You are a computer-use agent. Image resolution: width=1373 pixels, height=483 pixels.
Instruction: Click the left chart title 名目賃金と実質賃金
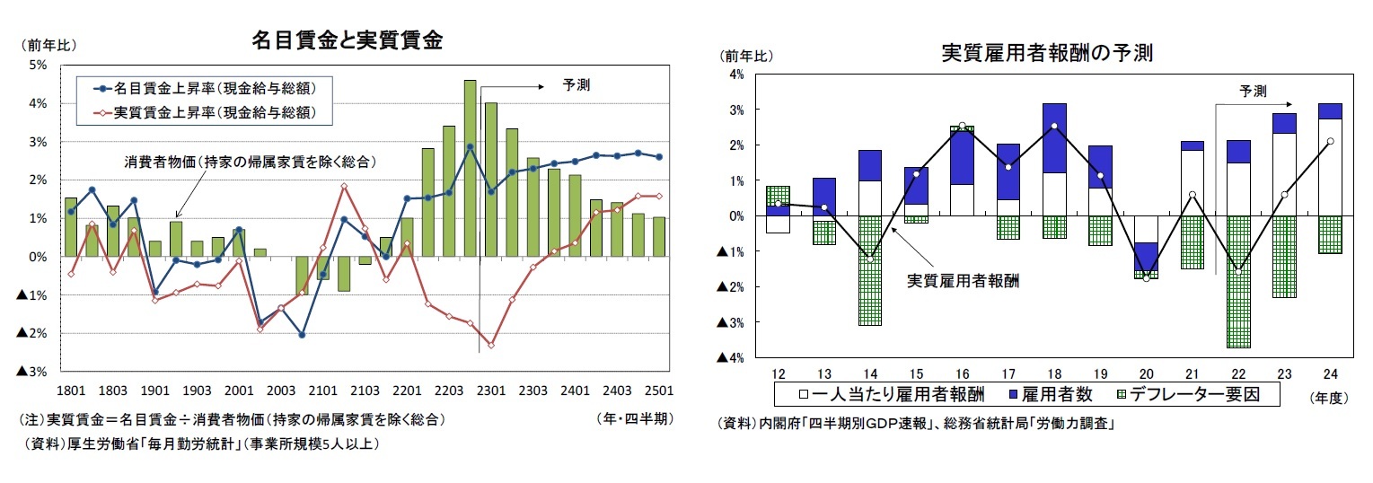[346, 41]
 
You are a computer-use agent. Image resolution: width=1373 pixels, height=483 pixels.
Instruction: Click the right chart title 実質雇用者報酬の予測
[1046, 53]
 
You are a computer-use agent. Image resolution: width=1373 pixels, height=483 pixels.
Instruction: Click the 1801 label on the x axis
[70, 391]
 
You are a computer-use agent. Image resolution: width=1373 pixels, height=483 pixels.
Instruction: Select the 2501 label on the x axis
[659, 391]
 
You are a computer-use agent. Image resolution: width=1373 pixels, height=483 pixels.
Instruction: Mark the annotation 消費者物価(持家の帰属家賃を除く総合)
[249, 162]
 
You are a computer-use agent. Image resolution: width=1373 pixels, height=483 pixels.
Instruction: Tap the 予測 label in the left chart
[576, 86]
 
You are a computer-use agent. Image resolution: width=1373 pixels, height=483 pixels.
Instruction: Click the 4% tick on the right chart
[736, 75]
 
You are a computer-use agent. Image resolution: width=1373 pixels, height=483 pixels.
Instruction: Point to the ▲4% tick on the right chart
[731, 358]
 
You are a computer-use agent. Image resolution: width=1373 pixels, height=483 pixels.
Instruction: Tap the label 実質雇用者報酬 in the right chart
[958, 280]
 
